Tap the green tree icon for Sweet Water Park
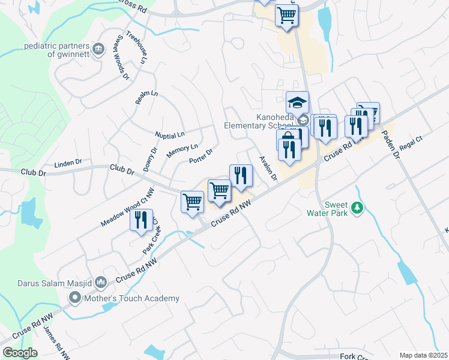pyautogui.click(x=358, y=208)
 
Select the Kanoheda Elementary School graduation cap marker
pyautogui.click(x=297, y=103)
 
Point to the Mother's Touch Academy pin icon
pyautogui.click(x=75, y=297)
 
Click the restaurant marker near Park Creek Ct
pyautogui.click(x=142, y=220)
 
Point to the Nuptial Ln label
pyautogui.click(x=169, y=134)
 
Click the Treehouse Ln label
pyautogui.click(x=136, y=47)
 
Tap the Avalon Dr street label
pyautogui.click(x=268, y=167)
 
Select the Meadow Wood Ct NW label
pyautogui.click(x=127, y=206)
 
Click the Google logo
pyautogui.click(x=20, y=353)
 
